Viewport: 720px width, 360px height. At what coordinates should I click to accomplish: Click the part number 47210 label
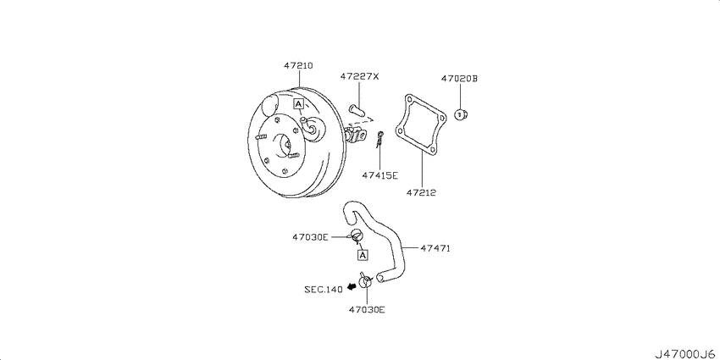[298, 66]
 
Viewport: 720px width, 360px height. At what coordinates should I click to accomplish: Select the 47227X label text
[359, 76]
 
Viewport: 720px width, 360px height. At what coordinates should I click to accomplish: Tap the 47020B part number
[460, 79]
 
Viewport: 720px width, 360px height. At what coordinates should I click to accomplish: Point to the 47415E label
[379, 174]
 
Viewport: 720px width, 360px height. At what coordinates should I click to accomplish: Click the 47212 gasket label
[421, 193]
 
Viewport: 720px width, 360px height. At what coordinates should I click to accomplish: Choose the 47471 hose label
[435, 248]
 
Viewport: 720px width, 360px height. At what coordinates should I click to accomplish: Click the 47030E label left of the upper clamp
[310, 237]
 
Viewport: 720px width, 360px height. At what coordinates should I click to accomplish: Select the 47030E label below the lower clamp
[367, 309]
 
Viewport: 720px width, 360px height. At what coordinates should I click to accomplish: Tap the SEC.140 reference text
[324, 290]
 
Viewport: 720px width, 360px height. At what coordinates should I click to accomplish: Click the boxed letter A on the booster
[298, 104]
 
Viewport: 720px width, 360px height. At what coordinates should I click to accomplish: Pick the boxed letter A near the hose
[363, 254]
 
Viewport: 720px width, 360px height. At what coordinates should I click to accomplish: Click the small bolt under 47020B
[460, 114]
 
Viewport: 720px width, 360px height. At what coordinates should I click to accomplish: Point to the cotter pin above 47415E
[379, 139]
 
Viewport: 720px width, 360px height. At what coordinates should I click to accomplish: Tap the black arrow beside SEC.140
[352, 287]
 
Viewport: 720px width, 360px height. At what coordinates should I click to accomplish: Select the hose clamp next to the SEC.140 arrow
[366, 280]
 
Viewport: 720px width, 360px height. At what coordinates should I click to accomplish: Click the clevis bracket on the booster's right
[357, 136]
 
